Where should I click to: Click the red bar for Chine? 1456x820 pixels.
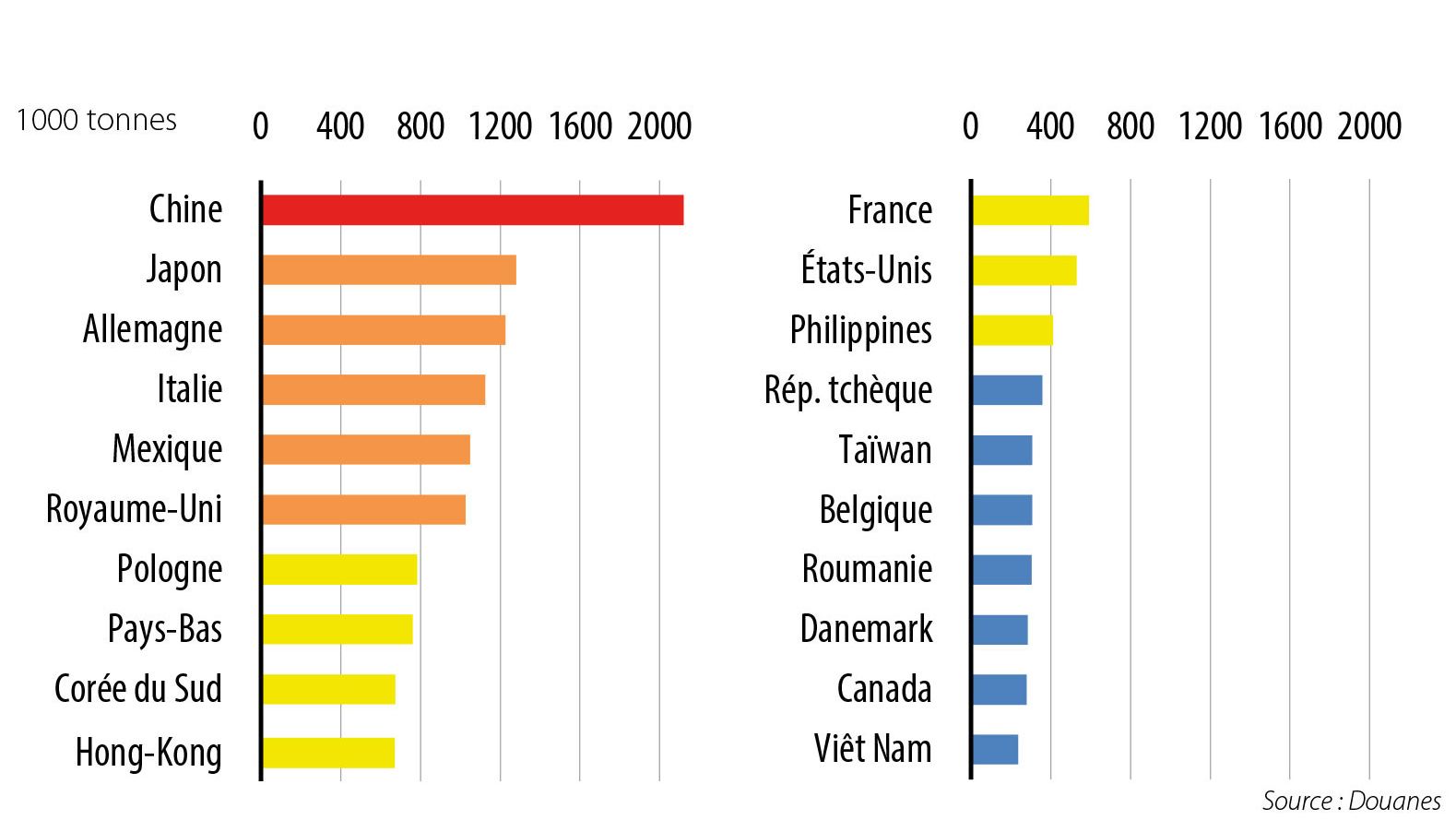pos(472,210)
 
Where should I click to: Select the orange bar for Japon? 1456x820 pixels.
pos(388,270)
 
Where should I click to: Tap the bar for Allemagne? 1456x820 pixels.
pos(383,330)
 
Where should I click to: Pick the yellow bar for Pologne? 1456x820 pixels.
pos(338,570)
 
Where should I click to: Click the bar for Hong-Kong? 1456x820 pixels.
pos(327,753)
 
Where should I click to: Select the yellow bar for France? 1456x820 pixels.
pos(1030,210)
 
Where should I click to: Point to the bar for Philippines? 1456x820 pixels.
pos(1012,330)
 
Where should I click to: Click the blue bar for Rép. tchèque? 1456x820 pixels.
pos(1007,390)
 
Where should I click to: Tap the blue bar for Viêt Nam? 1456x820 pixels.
pos(995,749)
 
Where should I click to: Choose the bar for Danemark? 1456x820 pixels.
pos(1000,630)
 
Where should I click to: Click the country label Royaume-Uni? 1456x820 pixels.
pos(135,509)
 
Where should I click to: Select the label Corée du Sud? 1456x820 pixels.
pos(138,689)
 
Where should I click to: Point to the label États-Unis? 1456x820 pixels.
pos(866,270)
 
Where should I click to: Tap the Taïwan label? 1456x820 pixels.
pos(884,450)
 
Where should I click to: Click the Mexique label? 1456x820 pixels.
pos(167,450)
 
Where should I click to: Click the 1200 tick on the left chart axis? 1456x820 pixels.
pos(500,126)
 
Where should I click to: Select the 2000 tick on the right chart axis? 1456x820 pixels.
pos(1369,126)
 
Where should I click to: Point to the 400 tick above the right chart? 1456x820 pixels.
pos(1050,126)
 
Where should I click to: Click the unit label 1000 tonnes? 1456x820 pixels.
pos(96,120)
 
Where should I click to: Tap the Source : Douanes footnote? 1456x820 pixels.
pos(1351,801)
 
